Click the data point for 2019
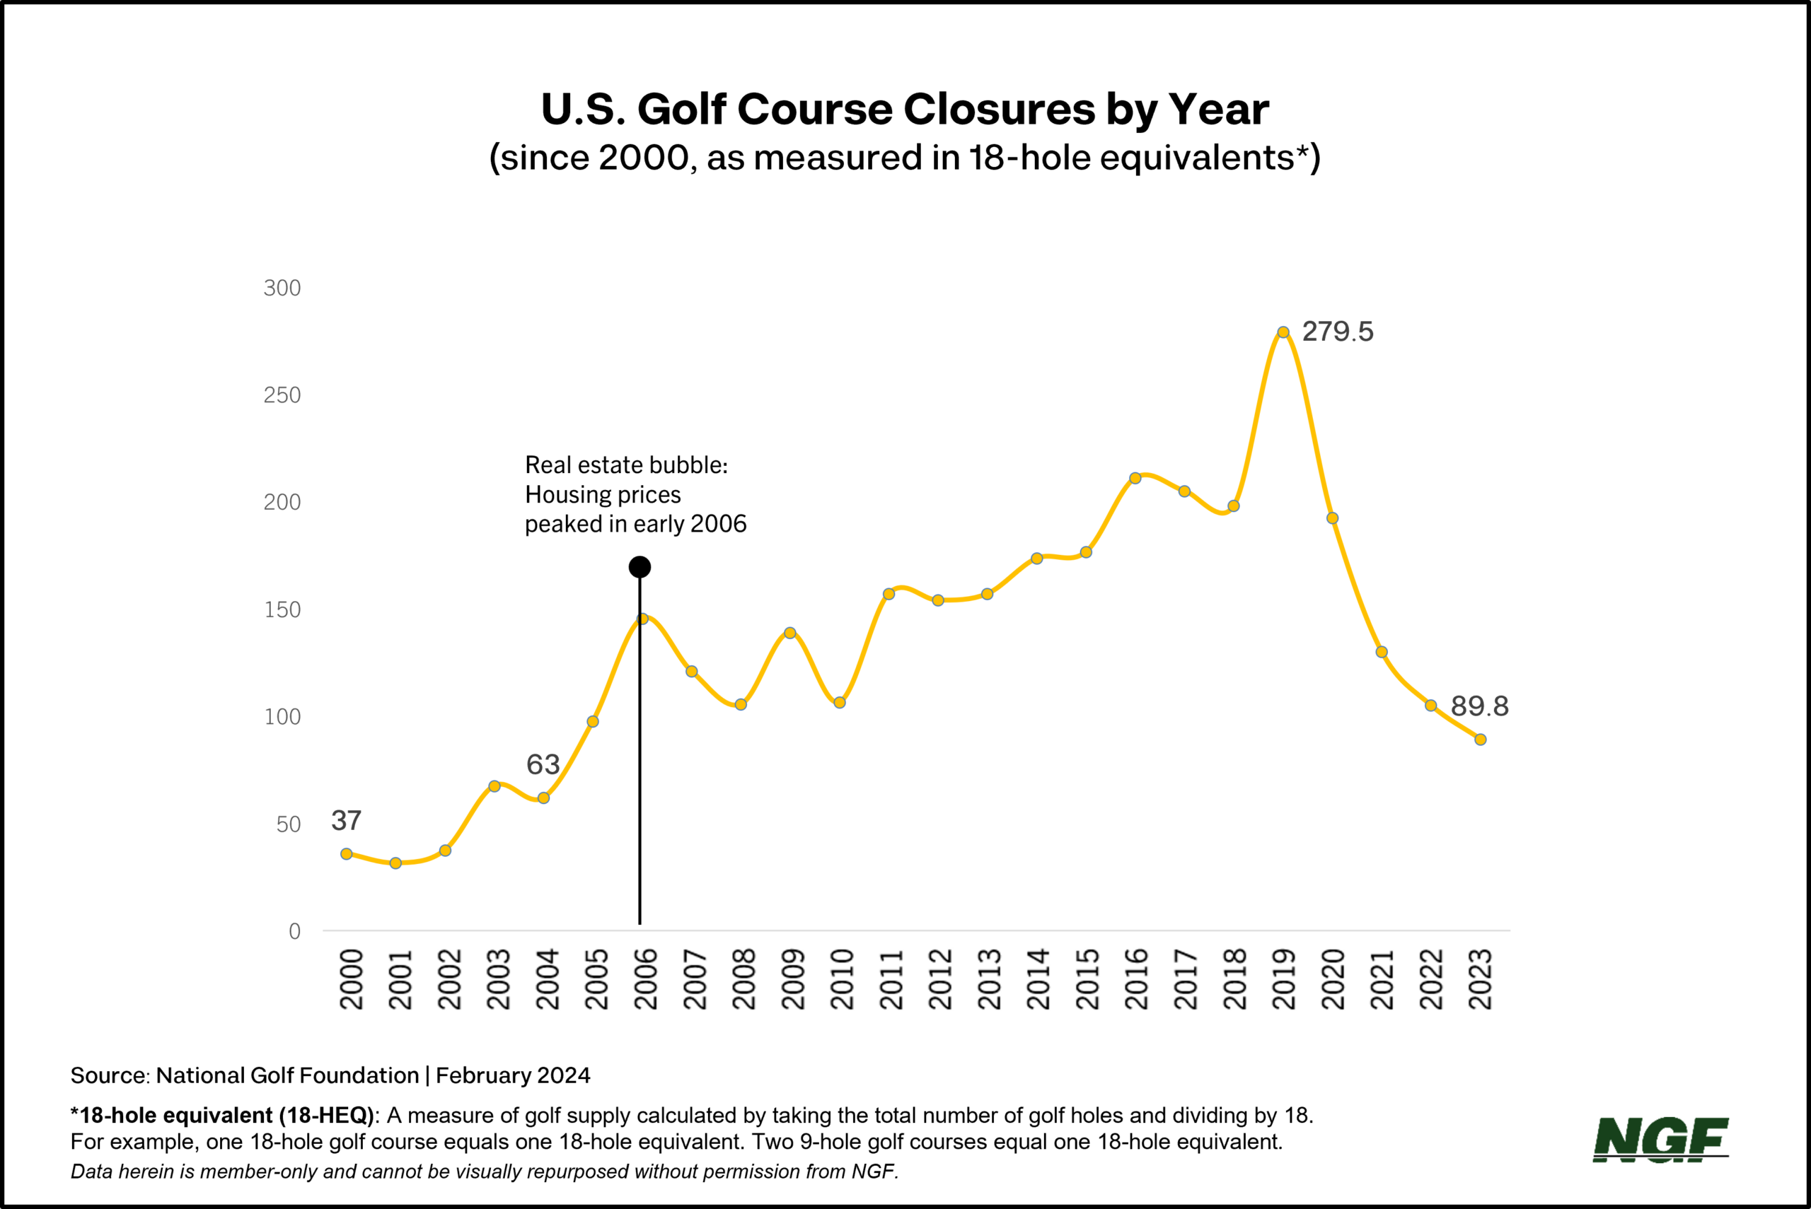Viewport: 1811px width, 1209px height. click(x=1283, y=332)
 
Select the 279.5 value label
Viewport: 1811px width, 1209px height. click(x=1338, y=332)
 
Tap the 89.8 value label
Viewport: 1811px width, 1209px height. click(x=1479, y=706)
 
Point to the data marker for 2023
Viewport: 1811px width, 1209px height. click(x=1480, y=740)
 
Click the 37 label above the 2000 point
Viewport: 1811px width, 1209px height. click(x=347, y=820)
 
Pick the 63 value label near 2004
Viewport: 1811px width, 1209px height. click(x=542, y=765)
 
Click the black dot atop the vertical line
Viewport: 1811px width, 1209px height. click(x=640, y=567)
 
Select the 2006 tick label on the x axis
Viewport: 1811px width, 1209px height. click(x=644, y=979)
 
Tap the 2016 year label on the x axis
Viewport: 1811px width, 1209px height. click(x=1136, y=979)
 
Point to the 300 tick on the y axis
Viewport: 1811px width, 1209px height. click(x=282, y=288)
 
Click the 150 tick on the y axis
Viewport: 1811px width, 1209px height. click(x=282, y=610)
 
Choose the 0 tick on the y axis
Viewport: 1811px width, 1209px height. click(x=294, y=931)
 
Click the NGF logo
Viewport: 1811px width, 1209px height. click(x=1660, y=1140)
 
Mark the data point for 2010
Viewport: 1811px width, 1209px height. click(x=839, y=703)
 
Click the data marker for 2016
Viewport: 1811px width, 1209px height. click(x=1135, y=478)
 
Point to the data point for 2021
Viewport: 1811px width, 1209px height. click(x=1382, y=653)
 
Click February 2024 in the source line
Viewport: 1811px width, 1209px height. click(x=513, y=1075)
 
